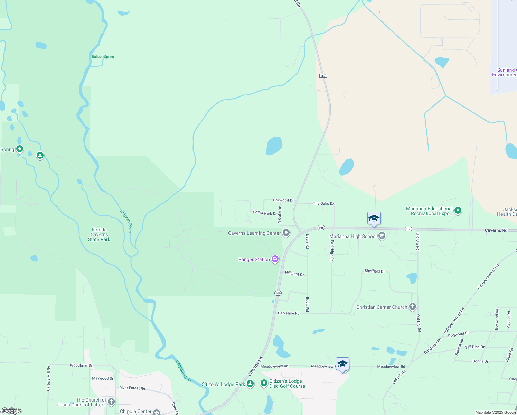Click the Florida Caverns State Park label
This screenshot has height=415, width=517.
point(99,234)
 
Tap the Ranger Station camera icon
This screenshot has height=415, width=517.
point(275,259)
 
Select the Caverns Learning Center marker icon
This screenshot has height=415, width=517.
point(286,233)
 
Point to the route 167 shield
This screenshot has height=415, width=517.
point(323,75)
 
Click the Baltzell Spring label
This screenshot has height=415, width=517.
point(103,57)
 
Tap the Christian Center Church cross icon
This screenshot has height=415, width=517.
point(413,307)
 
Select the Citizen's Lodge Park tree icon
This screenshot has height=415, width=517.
point(250,384)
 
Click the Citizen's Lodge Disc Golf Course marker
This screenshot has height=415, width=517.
point(264,383)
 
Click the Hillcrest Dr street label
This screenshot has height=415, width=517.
point(294,274)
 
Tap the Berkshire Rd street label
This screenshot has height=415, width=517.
point(289,313)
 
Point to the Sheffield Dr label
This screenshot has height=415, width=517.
point(375,271)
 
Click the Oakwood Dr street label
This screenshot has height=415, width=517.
point(283,200)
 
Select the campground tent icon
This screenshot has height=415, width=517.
point(40,156)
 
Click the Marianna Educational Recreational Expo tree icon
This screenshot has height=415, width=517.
point(458,210)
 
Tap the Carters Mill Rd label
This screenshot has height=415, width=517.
point(49,378)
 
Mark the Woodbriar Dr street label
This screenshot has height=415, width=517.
point(81,365)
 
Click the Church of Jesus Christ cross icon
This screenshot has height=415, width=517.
point(111,402)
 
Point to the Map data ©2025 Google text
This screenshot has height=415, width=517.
point(495,412)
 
